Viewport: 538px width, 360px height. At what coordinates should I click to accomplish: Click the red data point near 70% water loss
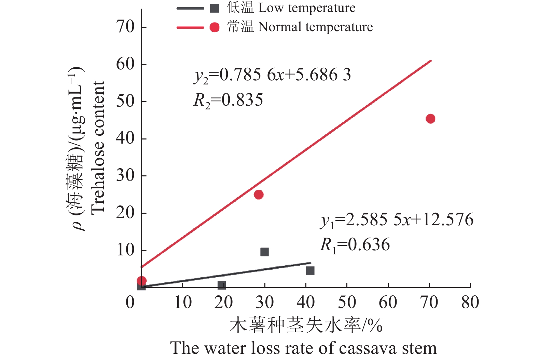[430, 119]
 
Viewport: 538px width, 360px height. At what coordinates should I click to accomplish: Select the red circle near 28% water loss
[259, 195]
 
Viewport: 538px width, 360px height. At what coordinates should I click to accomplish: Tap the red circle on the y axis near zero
[142, 281]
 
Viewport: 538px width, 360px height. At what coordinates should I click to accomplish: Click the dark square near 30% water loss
[264, 252]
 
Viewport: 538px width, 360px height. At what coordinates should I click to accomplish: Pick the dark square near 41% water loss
[310, 270]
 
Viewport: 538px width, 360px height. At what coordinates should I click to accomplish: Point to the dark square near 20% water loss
[221, 285]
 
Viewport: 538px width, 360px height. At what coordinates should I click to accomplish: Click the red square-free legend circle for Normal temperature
[215, 27]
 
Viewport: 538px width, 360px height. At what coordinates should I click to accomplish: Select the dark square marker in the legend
[215, 8]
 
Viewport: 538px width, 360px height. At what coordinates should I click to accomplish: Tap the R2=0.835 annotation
[228, 100]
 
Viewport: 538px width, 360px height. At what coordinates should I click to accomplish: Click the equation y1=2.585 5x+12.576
[397, 220]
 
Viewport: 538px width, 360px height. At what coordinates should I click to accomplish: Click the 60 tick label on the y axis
[125, 64]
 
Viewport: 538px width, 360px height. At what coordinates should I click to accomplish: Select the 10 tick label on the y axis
[125, 250]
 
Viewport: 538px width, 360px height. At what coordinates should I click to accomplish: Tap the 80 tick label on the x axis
[470, 302]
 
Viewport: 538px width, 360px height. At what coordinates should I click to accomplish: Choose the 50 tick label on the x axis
[347, 302]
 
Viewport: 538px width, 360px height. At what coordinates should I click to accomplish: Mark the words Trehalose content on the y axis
[98, 147]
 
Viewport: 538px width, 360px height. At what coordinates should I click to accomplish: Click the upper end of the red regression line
[431, 61]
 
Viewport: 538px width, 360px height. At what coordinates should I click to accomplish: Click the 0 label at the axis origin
[130, 302]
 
